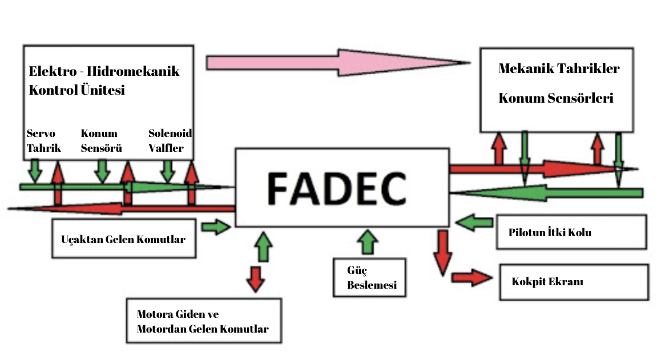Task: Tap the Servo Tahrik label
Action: (41, 139)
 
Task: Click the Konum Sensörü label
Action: (99, 139)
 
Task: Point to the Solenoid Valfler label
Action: (170, 139)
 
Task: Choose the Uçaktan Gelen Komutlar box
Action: (123, 239)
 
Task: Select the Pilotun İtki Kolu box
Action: (571, 232)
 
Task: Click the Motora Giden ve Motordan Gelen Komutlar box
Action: (203, 320)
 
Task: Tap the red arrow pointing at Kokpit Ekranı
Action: (471, 278)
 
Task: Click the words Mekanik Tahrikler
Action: (559, 68)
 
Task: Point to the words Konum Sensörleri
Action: (555, 98)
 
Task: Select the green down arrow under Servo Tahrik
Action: (35, 169)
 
